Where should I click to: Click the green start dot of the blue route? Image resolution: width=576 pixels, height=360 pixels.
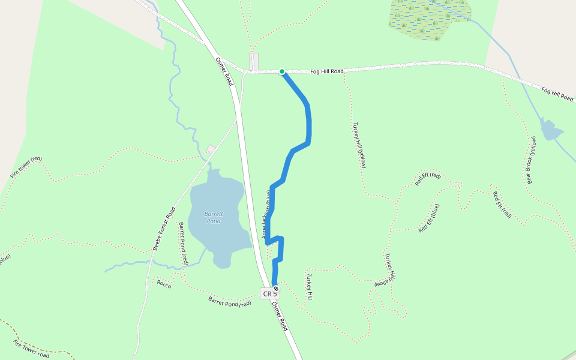[x=282, y=71]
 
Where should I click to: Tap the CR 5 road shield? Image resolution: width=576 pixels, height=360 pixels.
[x=269, y=293]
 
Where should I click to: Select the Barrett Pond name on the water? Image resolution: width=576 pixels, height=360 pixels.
[x=213, y=217]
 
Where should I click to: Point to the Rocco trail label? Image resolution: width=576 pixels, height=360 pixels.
[x=164, y=284]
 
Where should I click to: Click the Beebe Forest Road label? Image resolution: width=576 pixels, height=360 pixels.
[x=163, y=229]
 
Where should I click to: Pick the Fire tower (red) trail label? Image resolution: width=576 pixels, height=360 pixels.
[x=26, y=167]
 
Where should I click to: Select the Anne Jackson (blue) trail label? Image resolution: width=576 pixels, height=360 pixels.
[x=267, y=214]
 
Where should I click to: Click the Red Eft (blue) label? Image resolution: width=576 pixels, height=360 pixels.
[x=429, y=218]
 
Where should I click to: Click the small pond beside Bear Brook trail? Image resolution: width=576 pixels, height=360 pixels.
[x=550, y=130]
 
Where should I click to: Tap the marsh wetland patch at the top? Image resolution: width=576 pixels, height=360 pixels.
[x=428, y=18]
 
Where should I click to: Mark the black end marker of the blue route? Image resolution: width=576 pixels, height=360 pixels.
[x=276, y=289]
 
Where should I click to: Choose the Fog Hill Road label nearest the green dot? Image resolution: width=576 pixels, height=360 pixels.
[x=327, y=71]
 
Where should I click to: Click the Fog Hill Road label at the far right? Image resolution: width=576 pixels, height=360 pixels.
[x=557, y=94]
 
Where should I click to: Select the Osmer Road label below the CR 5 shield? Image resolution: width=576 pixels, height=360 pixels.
[x=280, y=316]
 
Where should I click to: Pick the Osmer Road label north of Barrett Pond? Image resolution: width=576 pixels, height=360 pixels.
[x=224, y=71]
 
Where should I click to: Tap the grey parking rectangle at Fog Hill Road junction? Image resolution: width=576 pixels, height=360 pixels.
[x=254, y=61]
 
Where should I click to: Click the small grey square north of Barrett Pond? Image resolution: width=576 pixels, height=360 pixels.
[x=211, y=149]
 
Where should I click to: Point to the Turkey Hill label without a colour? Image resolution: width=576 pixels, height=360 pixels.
[x=310, y=287]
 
